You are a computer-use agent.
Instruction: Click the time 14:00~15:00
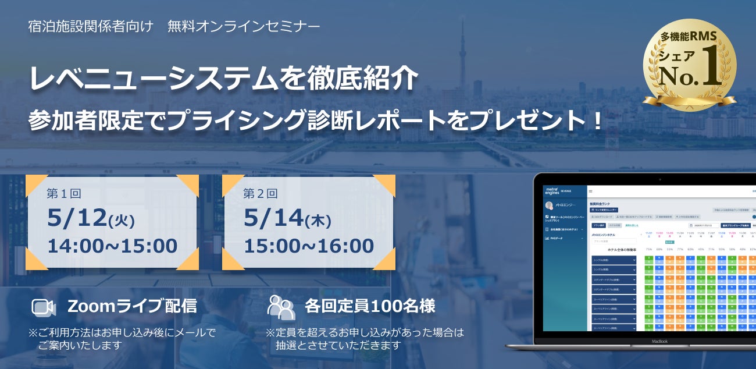[112, 246]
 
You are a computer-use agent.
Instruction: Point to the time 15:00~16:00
[309, 246]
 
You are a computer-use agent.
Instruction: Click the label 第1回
[63, 194]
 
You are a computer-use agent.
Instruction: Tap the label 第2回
[260, 194]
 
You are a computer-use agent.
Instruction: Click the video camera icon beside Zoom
[43, 307]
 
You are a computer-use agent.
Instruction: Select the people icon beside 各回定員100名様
[281, 307]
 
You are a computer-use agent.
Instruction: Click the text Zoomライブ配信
[132, 306]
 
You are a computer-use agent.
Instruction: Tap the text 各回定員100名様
[370, 306]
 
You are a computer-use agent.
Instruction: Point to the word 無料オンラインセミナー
[244, 27]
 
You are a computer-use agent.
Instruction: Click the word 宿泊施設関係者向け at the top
[91, 27]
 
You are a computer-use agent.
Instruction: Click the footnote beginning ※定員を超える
[365, 339]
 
